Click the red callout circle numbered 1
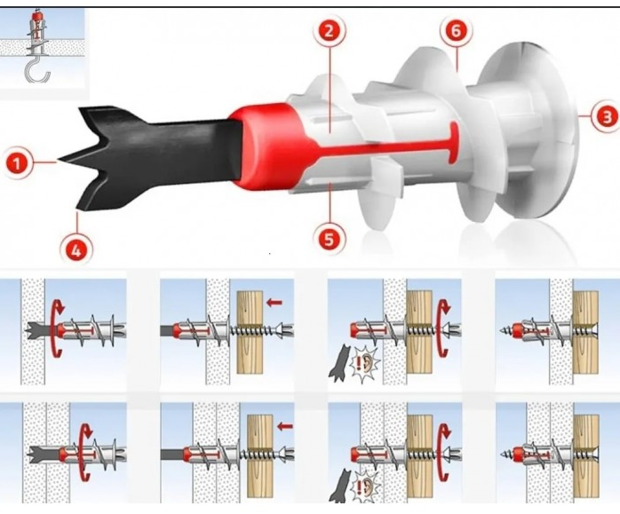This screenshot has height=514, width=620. [17, 163]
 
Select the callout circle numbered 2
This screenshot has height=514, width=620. [329, 31]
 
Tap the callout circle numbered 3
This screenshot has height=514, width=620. [607, 117]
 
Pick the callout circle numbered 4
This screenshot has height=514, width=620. [76, 249]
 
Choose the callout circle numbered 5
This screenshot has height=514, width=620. [329, 238]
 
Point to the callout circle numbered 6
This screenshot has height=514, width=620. [456, 31]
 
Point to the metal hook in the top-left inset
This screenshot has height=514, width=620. [37, 71]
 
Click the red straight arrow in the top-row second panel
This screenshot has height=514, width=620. [274, 303]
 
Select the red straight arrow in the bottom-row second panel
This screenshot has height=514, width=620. [285, 426]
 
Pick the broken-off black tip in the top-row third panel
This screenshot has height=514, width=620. [338, 363]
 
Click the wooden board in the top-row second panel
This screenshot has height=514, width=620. [250, 333]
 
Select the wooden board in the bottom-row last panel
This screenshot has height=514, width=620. [586, 455]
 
